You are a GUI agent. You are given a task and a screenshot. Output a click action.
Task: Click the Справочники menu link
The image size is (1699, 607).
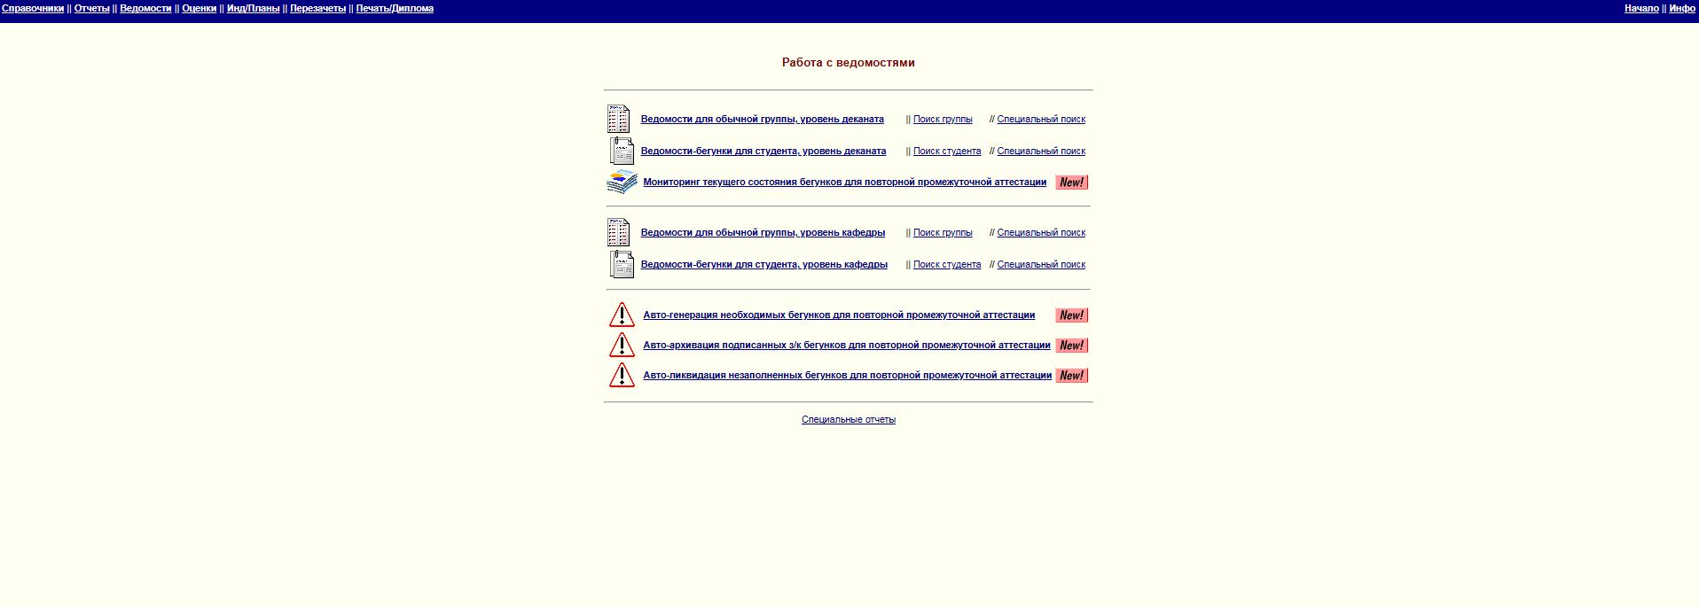pyautogui.click(x=33, y=9)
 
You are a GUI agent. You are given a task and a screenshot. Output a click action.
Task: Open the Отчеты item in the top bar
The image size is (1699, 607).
pyautogui.click(x=92, y=9)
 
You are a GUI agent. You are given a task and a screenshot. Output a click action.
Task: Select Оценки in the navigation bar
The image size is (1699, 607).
pyautogui.click(x=200, y=9)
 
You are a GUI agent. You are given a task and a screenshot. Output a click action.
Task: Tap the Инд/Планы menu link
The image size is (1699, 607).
pyautogui.click(x=254, y=9)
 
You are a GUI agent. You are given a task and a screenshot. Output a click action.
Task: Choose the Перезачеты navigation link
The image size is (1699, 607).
pyautogui.click(x=318, y=9)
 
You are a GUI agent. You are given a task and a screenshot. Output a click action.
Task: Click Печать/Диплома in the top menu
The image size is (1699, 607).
pyautogui.click(x=395, y=9)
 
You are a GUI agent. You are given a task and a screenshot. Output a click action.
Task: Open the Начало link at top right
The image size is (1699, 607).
pyautogui.click(x=1641, y=9)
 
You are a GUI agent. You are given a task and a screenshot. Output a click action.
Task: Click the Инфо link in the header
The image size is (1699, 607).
pyautogui.click(x=1682, y=9)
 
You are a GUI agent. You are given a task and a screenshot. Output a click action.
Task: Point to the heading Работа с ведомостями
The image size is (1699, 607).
pyautogui.click(x=849, y=63)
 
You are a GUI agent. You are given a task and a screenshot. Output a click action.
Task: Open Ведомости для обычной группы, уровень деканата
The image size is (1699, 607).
pyautogui.click(x=763, y=120)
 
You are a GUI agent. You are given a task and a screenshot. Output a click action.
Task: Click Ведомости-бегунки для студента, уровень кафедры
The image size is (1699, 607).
pyautogui.click(x=764, y=265)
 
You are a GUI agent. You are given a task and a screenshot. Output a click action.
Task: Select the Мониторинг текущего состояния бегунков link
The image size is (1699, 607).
pyautogui.click(x=845, y=183)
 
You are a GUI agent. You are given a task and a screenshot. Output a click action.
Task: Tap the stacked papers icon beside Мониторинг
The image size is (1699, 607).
pyautogui.click(x=622, y=182)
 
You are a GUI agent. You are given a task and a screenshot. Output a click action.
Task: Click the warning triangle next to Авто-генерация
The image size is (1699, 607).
pyautogui.click(x=622, y=315)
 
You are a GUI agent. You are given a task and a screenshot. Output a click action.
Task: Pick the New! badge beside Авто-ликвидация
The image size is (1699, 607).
pyautogui.click(x=1072, y=376)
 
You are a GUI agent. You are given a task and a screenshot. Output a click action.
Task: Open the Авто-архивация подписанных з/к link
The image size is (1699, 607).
pyautogui.click(x=847, y=346)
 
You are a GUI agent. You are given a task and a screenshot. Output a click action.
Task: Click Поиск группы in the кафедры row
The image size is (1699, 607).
pyautogui.click(x=943, y=233)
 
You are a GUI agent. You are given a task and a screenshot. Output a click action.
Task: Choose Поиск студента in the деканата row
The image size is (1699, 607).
pyautogui.click(x=947, y=152)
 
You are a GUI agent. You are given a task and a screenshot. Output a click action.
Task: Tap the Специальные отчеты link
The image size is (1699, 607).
pyautogui.click(x=849, y=420)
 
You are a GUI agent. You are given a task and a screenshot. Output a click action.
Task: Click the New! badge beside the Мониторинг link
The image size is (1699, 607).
pyautogui.click(x=1072, y=183)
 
